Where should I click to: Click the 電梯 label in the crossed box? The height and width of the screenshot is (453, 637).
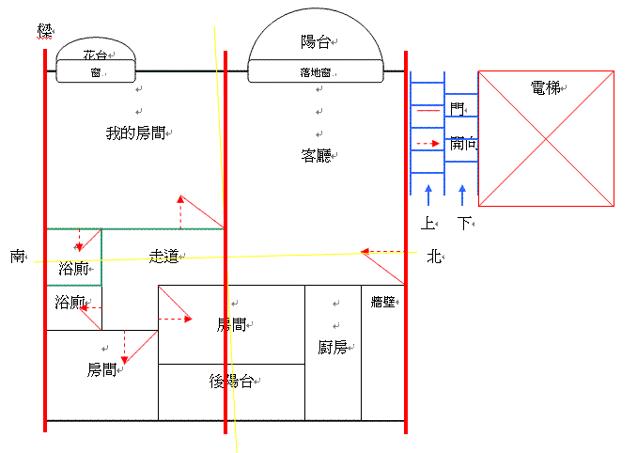(x=545, y=88)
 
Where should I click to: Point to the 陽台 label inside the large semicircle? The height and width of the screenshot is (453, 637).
(x=315, y=41)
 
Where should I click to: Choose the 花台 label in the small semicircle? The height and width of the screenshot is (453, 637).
(x=94, y=55)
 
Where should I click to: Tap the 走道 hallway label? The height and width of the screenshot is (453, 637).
(x=164, y=256)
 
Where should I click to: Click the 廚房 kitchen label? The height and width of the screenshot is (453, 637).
(x=333, y=347)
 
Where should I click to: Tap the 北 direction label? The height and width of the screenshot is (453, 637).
(x=433, y=256)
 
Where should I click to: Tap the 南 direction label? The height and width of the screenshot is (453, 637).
(x=18, y=256)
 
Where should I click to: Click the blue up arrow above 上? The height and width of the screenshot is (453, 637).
(x=427, y=195)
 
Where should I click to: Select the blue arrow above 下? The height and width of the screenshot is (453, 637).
(x=461, y=195)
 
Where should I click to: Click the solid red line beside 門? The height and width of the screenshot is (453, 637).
(x=427, y=111)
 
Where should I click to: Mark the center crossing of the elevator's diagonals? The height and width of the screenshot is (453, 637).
(x=546, y=138)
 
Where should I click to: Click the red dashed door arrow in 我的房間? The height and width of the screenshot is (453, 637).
(x=179, y=213)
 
